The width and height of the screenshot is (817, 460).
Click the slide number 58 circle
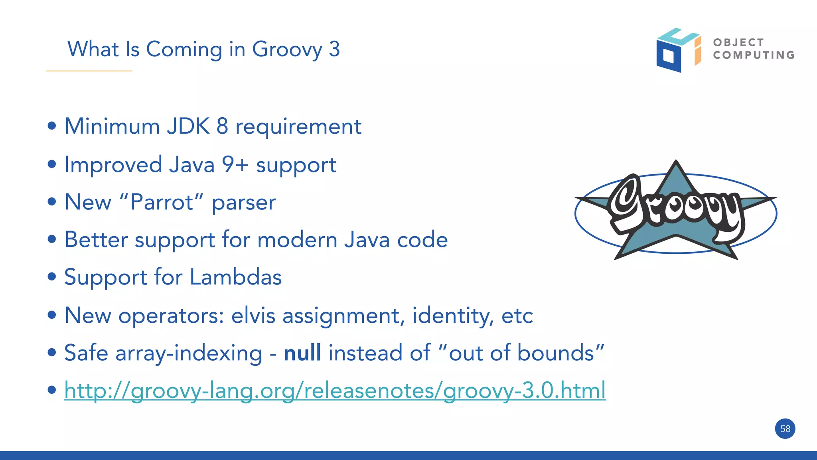pos(785,428)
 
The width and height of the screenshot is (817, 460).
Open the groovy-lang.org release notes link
pos(334,391)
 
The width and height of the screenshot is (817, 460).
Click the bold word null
pos(302,353)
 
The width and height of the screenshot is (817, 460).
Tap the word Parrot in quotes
pos(162,202)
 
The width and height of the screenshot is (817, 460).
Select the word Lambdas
pos(235,277)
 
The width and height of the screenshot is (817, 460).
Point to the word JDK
pos(188,126)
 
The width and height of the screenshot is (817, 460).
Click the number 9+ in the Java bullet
pos(235,164)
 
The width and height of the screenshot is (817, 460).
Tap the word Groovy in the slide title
pos(287,50)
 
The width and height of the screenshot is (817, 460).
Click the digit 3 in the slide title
pos(334,49)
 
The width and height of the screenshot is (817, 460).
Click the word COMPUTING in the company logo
pos(754,55)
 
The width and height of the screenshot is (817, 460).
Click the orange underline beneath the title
pos(89,71)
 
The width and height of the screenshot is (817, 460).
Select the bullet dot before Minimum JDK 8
pos(51,126)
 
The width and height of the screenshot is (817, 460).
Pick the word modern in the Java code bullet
pos(297,240)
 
